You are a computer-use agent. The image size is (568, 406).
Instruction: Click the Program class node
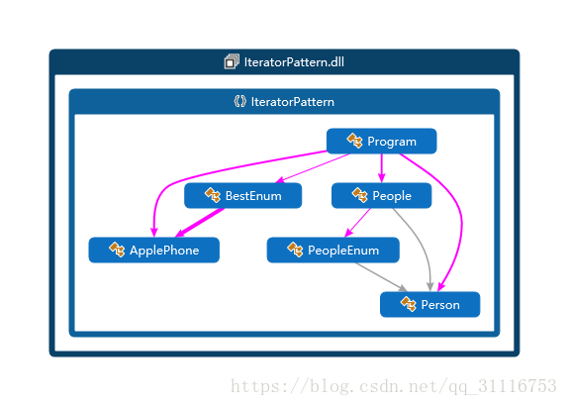click(381, 141)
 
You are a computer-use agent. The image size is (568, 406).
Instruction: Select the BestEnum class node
click(242, 196)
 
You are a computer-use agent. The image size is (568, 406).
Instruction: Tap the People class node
click(381, 196)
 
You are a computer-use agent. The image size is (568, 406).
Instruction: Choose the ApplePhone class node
click(154, 251)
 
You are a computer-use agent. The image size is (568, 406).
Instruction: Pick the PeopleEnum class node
click(333, 251)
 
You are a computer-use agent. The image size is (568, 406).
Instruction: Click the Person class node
click(430, 305)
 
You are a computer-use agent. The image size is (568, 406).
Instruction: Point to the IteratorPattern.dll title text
click(294, 62)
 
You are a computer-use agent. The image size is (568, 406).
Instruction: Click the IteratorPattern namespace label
click(293, 102)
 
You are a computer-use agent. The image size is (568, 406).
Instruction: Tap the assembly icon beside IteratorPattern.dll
click(232, 61)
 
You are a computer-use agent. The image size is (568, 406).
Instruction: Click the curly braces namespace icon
click(239, 101)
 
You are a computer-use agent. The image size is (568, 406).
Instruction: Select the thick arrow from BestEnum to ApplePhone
click(199, 223)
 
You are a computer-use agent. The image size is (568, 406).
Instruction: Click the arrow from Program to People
click(381, 168)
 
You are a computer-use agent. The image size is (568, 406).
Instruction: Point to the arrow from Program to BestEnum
click(313, 168)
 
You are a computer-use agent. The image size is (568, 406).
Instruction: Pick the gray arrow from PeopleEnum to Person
click(380, 277)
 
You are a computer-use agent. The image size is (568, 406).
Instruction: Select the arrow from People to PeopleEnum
click(357, 223)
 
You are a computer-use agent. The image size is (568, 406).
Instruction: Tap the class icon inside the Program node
click(354, 141)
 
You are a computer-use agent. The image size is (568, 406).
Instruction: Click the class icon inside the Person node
click(409, 304)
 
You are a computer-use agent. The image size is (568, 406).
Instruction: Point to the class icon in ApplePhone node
click(117, 250)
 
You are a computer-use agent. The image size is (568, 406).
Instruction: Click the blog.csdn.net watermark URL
click(394, 386)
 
